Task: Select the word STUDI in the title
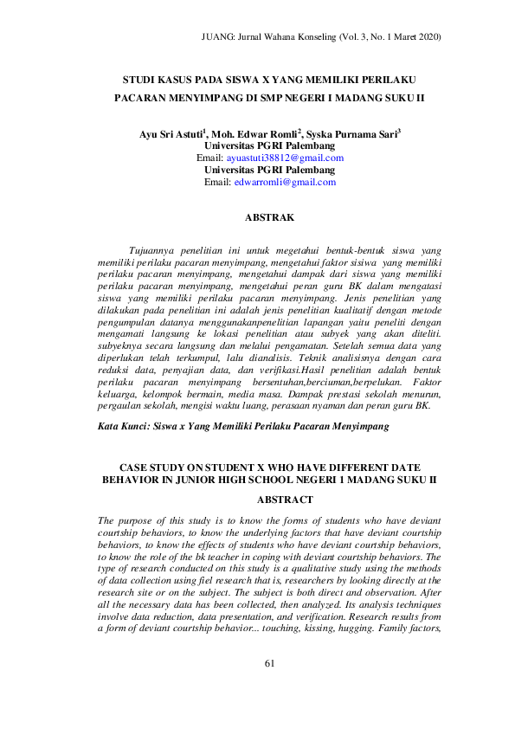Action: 141,79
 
